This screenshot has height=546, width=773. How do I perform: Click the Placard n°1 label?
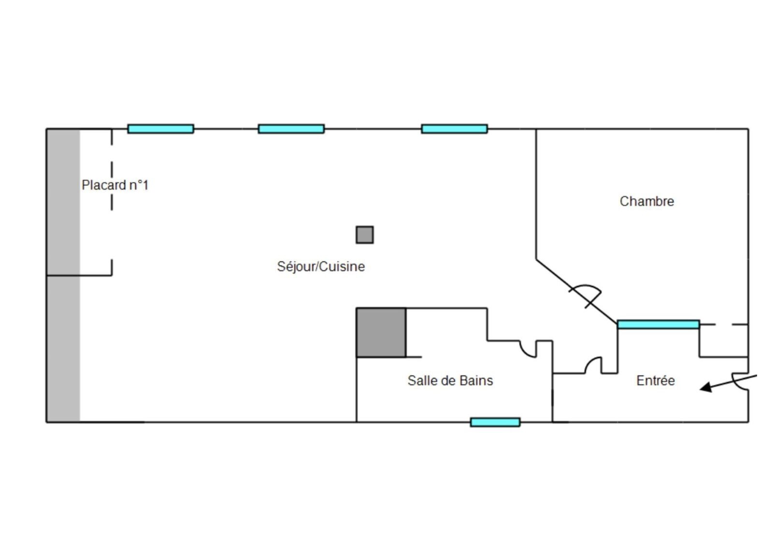tap(115, 185)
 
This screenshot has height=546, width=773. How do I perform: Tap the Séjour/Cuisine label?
tap(321, 266)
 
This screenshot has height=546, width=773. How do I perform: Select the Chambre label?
tap(646, 201)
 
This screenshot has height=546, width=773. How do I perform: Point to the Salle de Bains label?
tap(450, 381)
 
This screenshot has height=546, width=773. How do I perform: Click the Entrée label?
tap(655, 381)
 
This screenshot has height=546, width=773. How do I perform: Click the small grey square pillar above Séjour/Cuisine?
tap(365, 235)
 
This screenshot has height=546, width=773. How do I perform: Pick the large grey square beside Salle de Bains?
tap(381, 333)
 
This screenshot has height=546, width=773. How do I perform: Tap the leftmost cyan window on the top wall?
tap(161, 129)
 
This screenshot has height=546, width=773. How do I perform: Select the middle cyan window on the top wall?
tap(291, 129)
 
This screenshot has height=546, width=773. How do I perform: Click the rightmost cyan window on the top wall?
tap(454, 129)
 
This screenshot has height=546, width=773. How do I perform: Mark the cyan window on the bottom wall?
tap(495, 422)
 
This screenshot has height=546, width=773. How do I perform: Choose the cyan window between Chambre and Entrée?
tap(658, 324)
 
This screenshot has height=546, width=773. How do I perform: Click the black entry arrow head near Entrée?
tap(706, 387)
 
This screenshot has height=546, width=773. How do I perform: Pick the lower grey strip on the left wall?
tap(63, 349)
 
